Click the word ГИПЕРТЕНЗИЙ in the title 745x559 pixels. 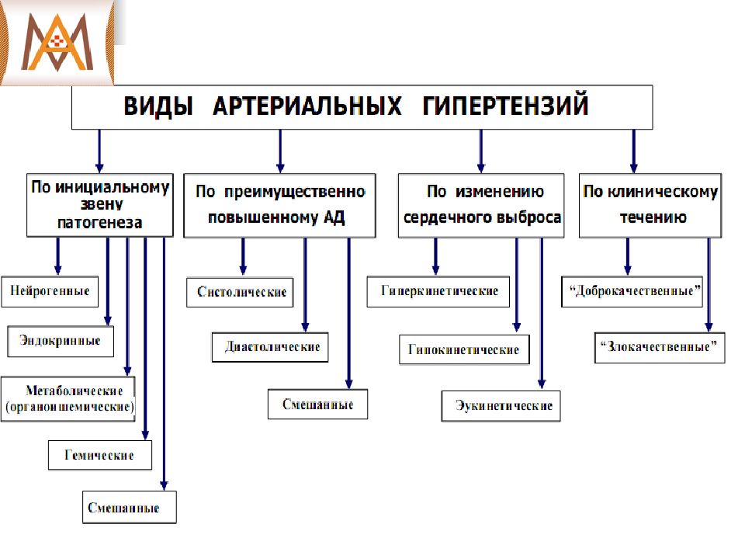click(x=505, y=106)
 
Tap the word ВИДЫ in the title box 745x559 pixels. click(x=158, y=106)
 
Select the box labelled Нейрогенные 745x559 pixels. click(x=50, y=291)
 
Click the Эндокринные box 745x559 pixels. click(x=61, y=341)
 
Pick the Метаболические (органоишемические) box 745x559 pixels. click(x=68, y=399)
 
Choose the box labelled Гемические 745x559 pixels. click(x=100, y=455)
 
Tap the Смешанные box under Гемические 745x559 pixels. click(x=130, y=507)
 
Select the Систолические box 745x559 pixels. click(x=240, y=292)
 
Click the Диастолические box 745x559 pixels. click(x=270, y=347)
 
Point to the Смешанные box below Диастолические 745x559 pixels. click(x=317, y=404)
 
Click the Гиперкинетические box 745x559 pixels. click(x=438, y=291)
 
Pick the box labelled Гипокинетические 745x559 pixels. click(x=464, y=350)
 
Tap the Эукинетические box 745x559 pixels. click(x=501, y=406)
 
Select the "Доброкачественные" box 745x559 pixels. click(x=632, y=291)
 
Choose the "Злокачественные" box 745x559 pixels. click(x=660, y=348)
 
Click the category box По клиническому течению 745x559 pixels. click(x=650, y=205)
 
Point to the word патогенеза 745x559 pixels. click(x=100, y=223)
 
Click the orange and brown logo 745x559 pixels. click(x=57, y=43)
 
